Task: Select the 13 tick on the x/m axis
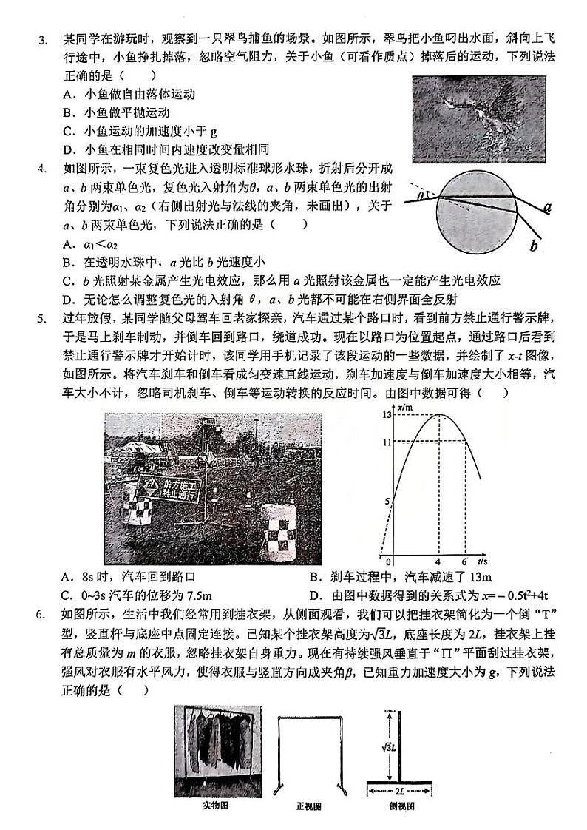385,415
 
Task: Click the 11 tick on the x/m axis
385,442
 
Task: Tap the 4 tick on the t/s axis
438,561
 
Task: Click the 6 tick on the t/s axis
464,561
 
